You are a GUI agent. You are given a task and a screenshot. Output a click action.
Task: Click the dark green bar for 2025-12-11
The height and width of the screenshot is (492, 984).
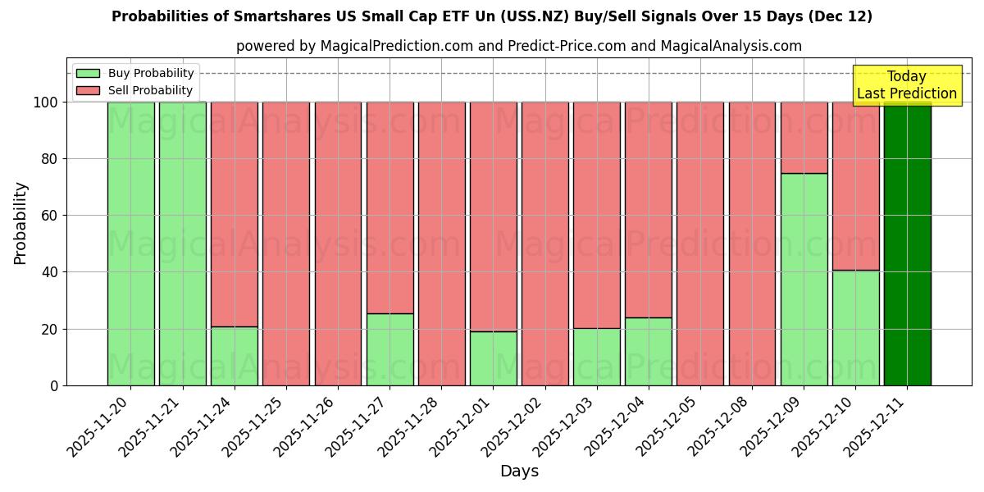coord(907,244)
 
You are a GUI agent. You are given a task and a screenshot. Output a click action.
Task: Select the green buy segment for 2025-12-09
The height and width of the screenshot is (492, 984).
coord(804,279)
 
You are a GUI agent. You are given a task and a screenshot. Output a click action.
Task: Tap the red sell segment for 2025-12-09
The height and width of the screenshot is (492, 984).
coord(804,137)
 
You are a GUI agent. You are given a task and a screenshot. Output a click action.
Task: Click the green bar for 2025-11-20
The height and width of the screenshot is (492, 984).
coord(130,244)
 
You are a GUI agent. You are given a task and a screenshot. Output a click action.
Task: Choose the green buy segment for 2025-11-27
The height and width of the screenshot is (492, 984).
coord(389,349)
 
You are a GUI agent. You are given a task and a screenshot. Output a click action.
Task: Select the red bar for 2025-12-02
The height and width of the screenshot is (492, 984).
coord(544,244)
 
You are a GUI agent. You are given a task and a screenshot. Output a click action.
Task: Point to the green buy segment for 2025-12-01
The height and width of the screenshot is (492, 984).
coord(493,358)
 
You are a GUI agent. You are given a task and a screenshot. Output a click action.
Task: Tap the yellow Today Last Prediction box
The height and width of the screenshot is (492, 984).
coord(907,85)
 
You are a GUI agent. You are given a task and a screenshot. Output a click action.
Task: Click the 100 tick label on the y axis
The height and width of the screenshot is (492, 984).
coord(44,102)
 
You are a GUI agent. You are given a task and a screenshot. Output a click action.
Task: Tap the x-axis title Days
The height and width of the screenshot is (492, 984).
coord(519,471)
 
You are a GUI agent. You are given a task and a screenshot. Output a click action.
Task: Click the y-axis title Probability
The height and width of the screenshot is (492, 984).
coord(20,223)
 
